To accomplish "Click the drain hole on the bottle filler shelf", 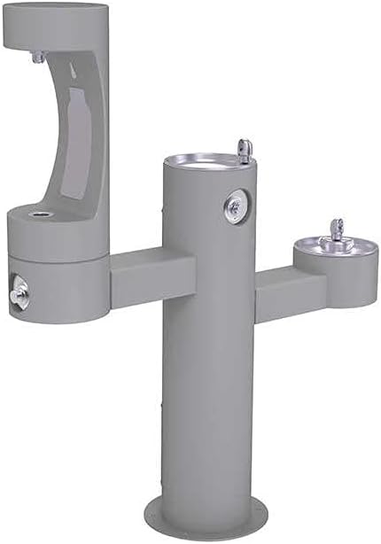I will click(39, 214).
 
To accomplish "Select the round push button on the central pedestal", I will click(235, 206).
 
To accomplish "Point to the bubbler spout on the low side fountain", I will click(335, 229).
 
